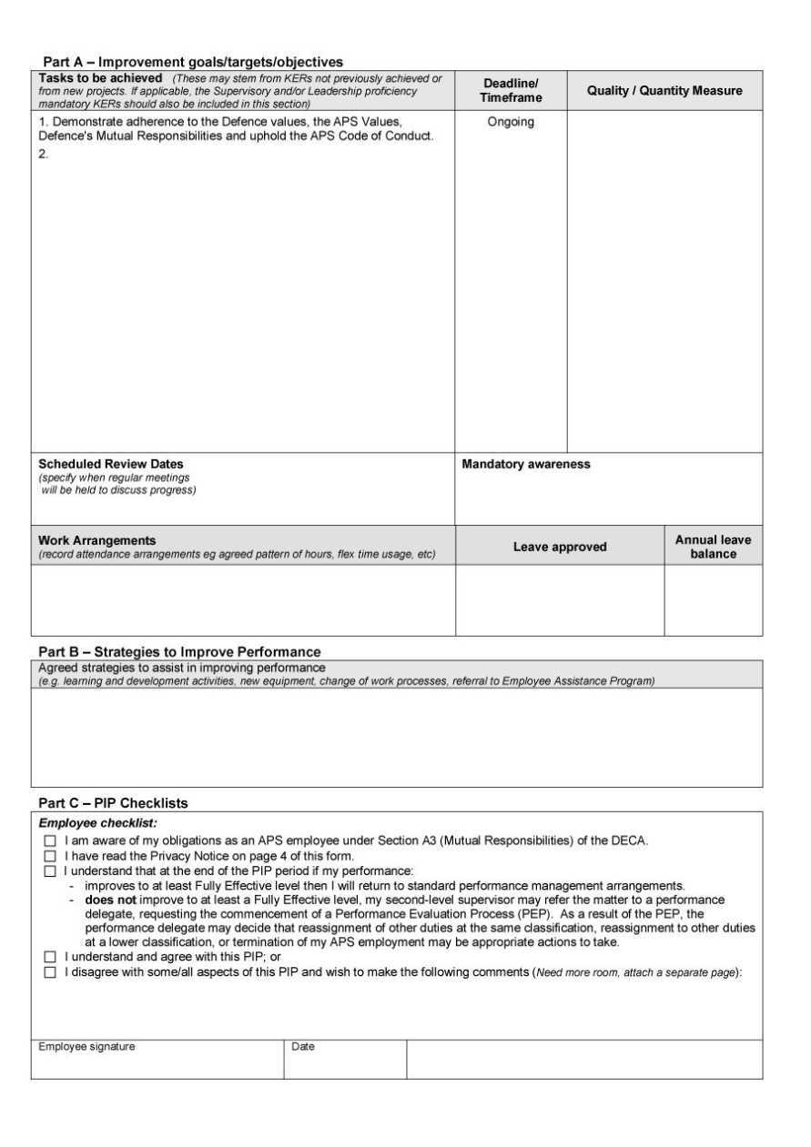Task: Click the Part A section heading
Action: pyautogui.click(x=193, y=62)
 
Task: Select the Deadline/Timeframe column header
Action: pyautogui.click(x=511, y=90)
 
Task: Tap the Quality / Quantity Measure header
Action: pyautogui.click(x=664, y=90)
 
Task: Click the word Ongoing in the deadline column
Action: pyautogui.click(x=511, y=122)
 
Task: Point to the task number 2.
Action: pyautogui.click(x=43, y=154)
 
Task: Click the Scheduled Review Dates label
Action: pyautogui.click(x=110, y=464)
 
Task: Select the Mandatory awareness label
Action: pyautogui.click(x=526, y=464)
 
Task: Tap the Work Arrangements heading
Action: pyautogui.click(x=96, y=540)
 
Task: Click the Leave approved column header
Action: pyautogui.click(x=560, y=547)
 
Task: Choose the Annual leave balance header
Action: pyautogui.click(x=713, y=547)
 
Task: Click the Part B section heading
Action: pyautogui.click(x=179, y=651)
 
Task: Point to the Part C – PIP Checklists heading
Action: pyautogui.click(x=113, y=803)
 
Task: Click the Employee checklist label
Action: pyautogui.click(x=97, y=823)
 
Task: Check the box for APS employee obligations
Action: pyautogui.click(x=50, y=841)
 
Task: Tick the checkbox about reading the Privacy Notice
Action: pyautogui.click(x=50, y=856)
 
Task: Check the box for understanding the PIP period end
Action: pyautogui.click(x=50, y=871)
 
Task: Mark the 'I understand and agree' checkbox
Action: pyautogui.click(x=50, y=957)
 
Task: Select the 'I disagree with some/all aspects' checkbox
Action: pyautogui.click(x=50, y=972)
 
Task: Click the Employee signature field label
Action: pyautogui.click(x=86, y=1047)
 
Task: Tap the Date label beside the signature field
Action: pyautogui.click(x=303, y=1047)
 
